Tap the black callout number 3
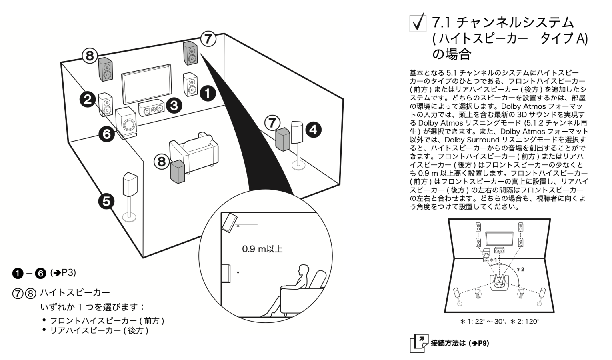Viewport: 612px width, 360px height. point(174,105)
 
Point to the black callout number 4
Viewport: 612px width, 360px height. point(313,130)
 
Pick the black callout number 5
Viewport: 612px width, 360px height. point(106,201)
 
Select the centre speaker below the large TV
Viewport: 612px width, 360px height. point(152,108)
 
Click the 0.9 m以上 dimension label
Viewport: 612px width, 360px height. point(262,249)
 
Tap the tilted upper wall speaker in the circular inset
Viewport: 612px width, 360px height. point(230,222)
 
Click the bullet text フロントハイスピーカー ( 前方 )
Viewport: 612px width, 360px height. point(107,321)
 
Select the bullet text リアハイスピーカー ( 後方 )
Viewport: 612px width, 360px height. point(99,331)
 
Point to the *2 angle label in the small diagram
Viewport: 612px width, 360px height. point(520,269)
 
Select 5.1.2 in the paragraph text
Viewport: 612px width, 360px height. point(537,123)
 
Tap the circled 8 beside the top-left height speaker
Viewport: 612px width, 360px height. point(90,55)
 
